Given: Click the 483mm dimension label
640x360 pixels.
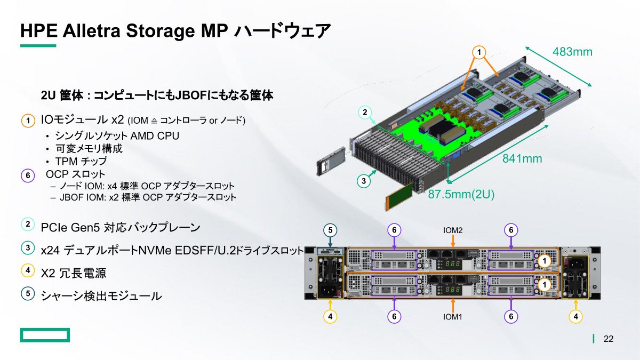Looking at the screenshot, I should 572,52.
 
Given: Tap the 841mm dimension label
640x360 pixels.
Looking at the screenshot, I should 522,158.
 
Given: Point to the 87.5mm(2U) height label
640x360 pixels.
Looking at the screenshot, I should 461,195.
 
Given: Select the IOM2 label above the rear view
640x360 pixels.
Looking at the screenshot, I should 453,230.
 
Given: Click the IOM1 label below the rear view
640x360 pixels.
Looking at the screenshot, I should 453,317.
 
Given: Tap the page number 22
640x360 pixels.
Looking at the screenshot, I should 609,339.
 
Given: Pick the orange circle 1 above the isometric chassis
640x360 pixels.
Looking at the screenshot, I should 479,52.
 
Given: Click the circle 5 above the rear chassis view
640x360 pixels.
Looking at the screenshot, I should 330,230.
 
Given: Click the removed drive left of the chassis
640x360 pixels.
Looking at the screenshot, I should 329,166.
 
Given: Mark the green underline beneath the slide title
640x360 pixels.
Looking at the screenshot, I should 38,46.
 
